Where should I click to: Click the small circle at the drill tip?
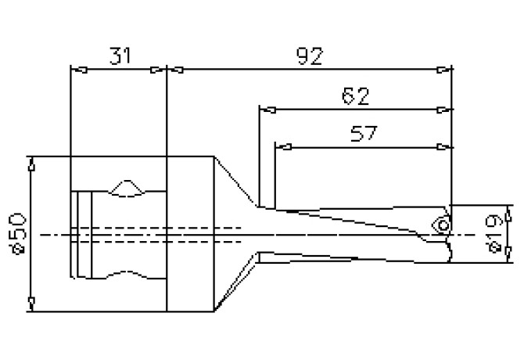click(x=443, y=225)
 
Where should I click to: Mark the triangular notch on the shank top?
click(x=127, y=187)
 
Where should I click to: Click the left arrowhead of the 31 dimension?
click(x=76, y=70)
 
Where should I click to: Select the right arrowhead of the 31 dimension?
click(x=161, y=70)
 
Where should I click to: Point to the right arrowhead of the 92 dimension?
click(x=447, y=70)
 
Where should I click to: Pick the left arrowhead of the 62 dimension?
click(x=265, y=110)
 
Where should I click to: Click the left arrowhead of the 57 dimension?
click(x=281, y=146)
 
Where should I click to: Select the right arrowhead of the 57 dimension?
click(x=447, y=146)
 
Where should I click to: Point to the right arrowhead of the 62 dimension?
click(x=447, y=110)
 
